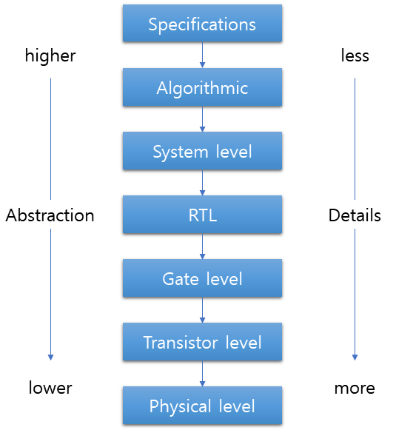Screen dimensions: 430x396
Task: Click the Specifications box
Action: (x=202, y=24)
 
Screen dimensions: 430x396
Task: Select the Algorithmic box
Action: (x=202, y=88)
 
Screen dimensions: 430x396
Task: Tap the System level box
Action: (x=202, y=152)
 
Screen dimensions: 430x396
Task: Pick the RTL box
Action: (x=202, y=215)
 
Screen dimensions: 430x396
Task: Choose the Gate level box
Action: (x=202, y=279)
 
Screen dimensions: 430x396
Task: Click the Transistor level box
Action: (x=202, y=343)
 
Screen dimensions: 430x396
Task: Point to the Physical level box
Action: (x=202, y=406)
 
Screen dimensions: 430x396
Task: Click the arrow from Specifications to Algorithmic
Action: (x=202, y=56)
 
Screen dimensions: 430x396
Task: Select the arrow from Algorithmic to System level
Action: (x=202, y=120)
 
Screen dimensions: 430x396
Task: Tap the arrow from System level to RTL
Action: (x=202, y=184)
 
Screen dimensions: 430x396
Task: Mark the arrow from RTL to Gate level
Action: (x=202, y=247)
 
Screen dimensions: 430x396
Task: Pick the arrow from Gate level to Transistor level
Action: (x=202, y=311)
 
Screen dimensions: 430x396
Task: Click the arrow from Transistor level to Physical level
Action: (x=202, y=374)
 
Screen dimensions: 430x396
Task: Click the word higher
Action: (x=50, y=56)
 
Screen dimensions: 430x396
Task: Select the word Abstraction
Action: (x=50, y=215)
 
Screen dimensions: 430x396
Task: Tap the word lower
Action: (x=50, y=388)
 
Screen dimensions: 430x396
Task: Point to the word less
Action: (x=355, y=56)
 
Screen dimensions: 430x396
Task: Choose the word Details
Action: (x=355, y=215)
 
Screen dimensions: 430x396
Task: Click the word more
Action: (x=355, y=388)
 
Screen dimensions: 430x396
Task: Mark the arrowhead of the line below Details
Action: (x=355, y=357)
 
